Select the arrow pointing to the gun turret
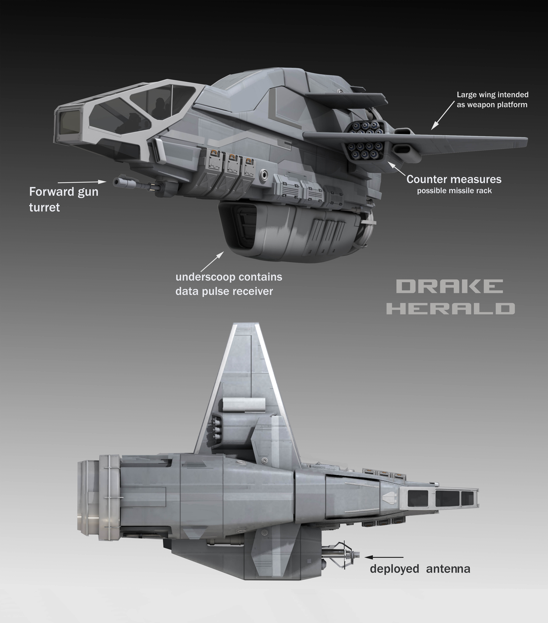click(x=82, y=182)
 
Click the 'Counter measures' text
click(x=454, y=179)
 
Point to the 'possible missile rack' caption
click(x=454, y=191)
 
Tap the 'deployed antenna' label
click(x=420, y=569)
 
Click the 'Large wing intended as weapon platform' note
click(x=492, y=100)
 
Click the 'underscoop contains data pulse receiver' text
click(x=229, y=284)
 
